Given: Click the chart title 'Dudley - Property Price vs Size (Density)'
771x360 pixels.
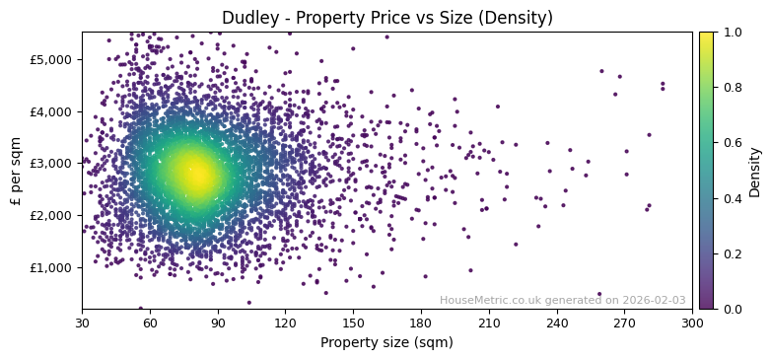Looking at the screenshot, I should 386,18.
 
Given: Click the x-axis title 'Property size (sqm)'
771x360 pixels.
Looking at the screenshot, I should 386,343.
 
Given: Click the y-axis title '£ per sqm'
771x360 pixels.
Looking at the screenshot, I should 16,171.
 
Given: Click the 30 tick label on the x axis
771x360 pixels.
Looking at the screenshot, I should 82,323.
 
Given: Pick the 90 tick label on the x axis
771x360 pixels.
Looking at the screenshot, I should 218,323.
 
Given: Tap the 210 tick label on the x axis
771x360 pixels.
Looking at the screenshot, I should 489,323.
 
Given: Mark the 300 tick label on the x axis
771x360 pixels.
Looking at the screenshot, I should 692,323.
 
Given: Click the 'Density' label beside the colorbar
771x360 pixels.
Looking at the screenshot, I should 755,171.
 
